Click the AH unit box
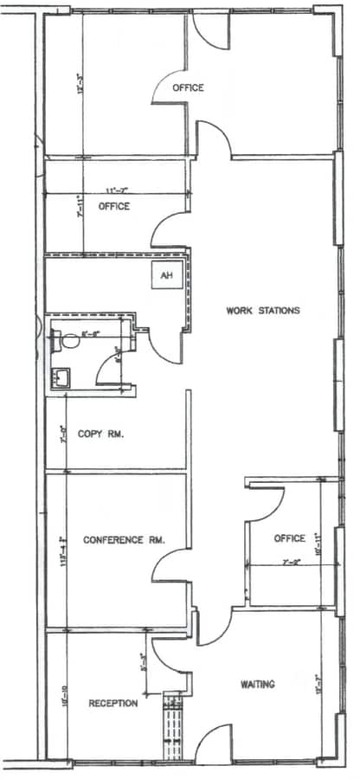(x=165, y=277)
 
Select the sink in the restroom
(x=61, y=377)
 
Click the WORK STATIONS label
(x=262, y=311)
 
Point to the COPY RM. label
(x=100, y=434)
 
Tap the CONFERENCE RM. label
(x=124, y=540)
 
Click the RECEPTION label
(x=112, y=704)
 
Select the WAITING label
(x=257, y=685)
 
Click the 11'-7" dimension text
(x=117, y=190)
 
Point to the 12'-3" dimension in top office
(x=79, y=84)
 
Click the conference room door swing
(x=169, y=567)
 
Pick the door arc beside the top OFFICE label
(x=170, y=85)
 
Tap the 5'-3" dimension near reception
(x=143, y=664)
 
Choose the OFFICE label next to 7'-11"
(x=113, y=207)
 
